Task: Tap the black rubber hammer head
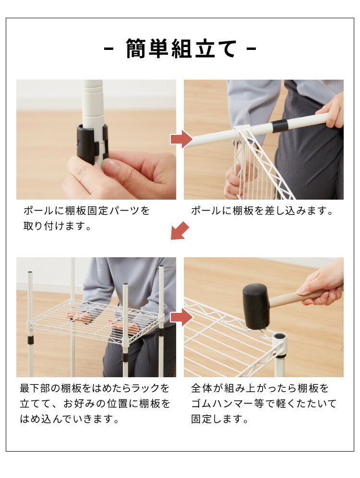(255, 305)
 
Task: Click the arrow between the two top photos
(181, 139)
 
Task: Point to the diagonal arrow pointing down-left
(180, 231)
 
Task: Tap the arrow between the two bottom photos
(181, 317)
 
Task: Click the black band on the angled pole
(279, 126)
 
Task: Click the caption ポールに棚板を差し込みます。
(262, 211)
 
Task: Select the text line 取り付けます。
(58, 226)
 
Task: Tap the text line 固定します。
(220, 419)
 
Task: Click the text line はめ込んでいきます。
(69, 419)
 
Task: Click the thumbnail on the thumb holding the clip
(111, 166)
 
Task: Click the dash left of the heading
(109, 49)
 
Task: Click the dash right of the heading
(252, 49)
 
